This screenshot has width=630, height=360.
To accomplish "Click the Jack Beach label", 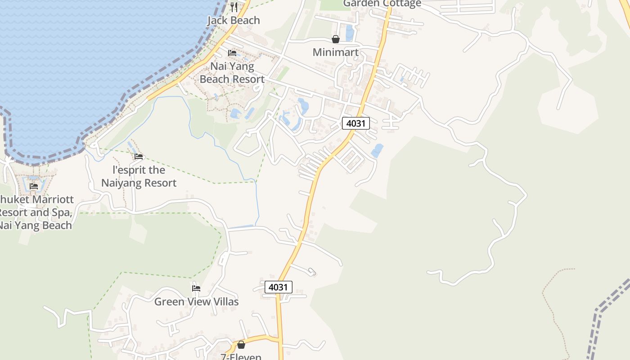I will [234, 20].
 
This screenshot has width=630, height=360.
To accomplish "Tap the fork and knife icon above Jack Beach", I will [234, 7].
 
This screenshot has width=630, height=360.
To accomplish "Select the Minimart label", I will [336, 52].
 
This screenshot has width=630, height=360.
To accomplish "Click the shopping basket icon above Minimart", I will [336, 39].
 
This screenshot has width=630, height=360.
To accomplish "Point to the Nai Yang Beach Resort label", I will [232, 73].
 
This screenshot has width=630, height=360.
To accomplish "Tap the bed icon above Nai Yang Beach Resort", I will [232, 53].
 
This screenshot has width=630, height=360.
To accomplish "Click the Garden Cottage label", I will [382, 4].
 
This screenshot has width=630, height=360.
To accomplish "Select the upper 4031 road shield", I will [356, 123].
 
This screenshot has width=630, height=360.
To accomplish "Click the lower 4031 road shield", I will [279, 287].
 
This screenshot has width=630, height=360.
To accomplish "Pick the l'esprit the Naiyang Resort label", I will [139, 176].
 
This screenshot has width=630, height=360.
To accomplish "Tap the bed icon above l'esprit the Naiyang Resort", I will [139, 157].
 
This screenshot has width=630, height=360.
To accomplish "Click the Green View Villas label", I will [196, 301].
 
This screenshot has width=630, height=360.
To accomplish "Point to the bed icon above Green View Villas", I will [196, 288].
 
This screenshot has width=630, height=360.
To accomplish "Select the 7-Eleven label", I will [241, 357].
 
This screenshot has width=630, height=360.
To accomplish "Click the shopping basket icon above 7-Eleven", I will [241, 345].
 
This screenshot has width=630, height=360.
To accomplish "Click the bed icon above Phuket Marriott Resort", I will [34, 186].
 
